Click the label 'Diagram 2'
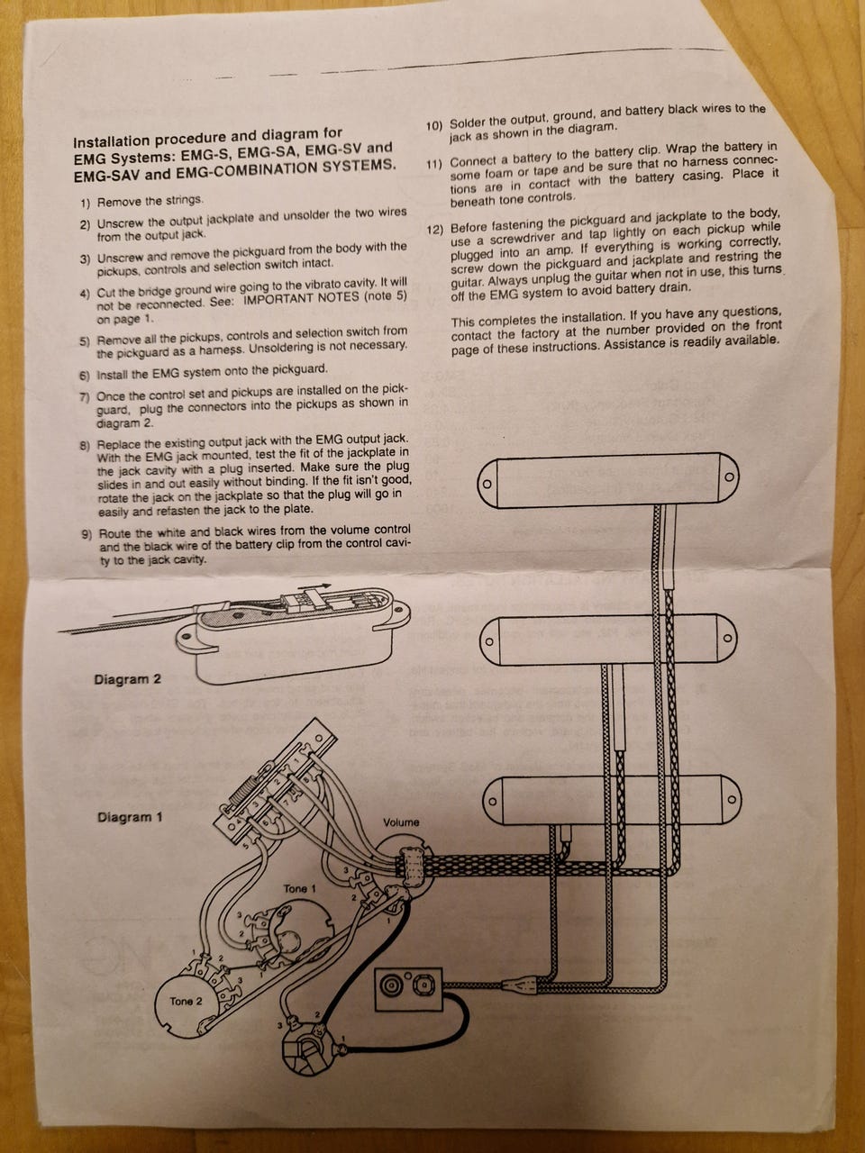tap(127, 679)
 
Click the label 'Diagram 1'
tap(130, 818)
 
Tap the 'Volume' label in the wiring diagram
tap(401, 822)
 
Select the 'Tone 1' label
tap(300, 889)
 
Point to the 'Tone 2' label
tap(187, 1001)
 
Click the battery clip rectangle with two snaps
tap(407, 987)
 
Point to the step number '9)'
tap(86, 534)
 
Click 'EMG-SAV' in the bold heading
tap(105, 168)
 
